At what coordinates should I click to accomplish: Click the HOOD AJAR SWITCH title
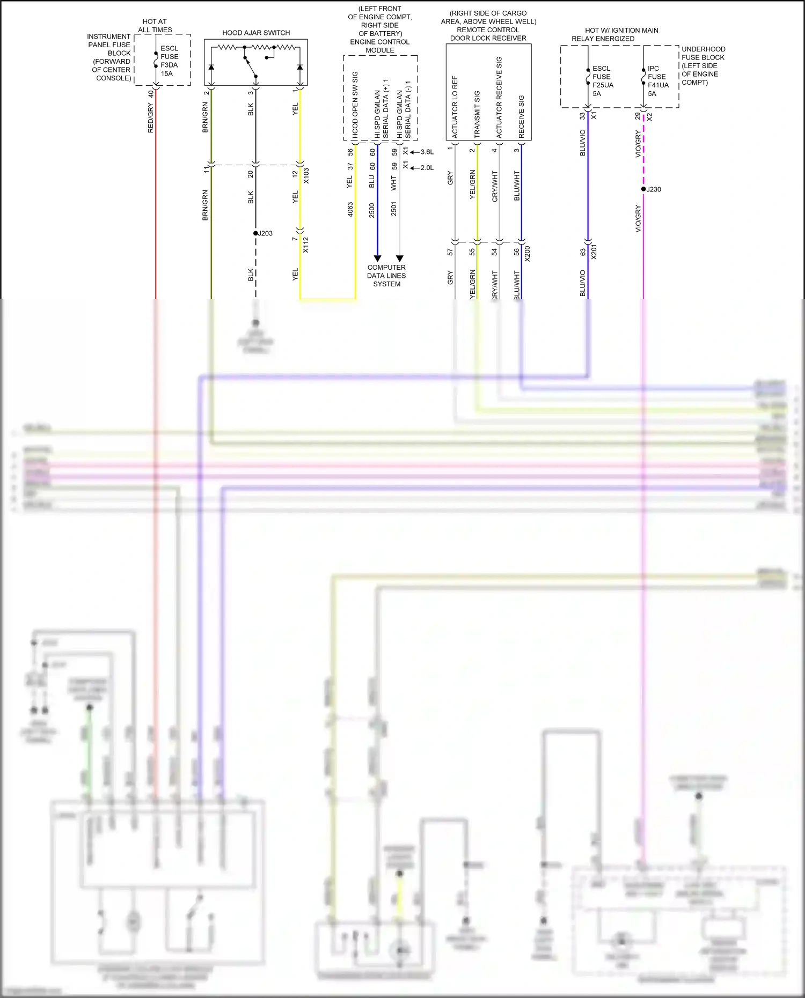pos(256,33)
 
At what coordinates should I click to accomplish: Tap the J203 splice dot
pos(256,233)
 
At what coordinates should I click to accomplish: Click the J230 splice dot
pos(643,189)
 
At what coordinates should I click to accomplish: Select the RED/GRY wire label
pos(151,119)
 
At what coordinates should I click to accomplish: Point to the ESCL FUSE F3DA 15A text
pos(169,61)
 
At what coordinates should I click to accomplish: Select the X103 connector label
pos(306,176)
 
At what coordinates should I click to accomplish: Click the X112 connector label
pos(306,245)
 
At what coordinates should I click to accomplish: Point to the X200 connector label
pos(528,254)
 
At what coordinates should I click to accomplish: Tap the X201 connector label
pos(594,252)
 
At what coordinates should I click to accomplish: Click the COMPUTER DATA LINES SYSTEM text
pos(386,276)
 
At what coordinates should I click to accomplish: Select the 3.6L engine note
pos(427,152)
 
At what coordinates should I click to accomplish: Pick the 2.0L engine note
pos(427,168)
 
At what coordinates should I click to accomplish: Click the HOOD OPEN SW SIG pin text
pos(355,105)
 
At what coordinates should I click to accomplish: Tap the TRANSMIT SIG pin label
pos(477,114)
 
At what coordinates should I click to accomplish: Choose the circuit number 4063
pos(350,209)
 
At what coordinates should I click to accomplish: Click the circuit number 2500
pos(372,210)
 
